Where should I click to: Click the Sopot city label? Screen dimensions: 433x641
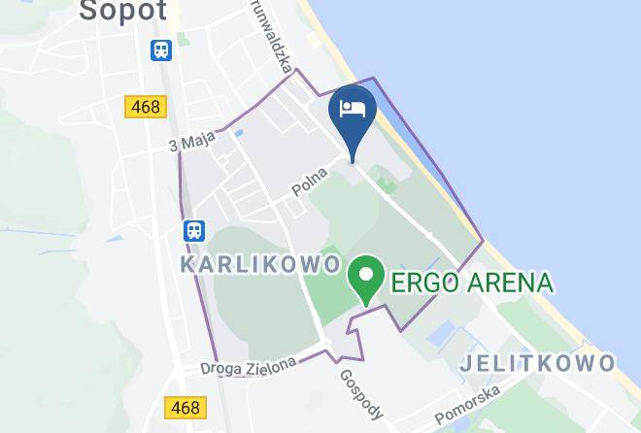[122, 11]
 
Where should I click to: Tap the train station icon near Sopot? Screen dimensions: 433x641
[161, 50]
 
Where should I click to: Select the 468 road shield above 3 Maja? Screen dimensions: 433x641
[145, 106]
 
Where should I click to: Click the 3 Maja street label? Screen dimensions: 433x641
[190, 143]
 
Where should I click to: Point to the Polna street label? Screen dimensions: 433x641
[310, 183]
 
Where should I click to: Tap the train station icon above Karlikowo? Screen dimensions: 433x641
[194, 230]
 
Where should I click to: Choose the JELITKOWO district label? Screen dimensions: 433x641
[537, 363]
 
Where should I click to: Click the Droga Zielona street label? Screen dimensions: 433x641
[248, 367]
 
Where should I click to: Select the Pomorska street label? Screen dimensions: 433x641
[467, 405]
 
